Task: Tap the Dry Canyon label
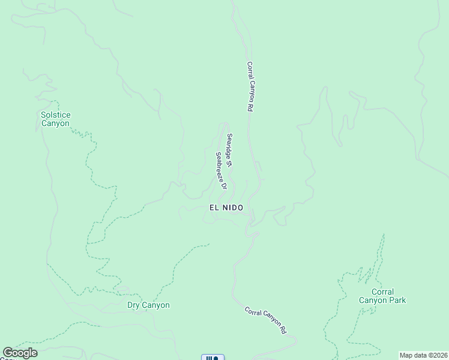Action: coord(148,305)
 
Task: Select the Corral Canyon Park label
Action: coord(382,296)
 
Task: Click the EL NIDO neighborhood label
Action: coord(226,207)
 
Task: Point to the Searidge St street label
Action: coord(229,150)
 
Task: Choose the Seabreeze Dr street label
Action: coord(221,170)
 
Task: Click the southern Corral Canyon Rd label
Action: coord(265,320)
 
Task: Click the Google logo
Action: coord(20,353)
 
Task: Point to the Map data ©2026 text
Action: coord(424,355)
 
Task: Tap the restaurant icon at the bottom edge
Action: coord(212,358)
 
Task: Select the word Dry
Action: coord(134,305)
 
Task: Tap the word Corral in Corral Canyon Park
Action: coord(382,292)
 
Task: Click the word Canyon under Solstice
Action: coord(55,124)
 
